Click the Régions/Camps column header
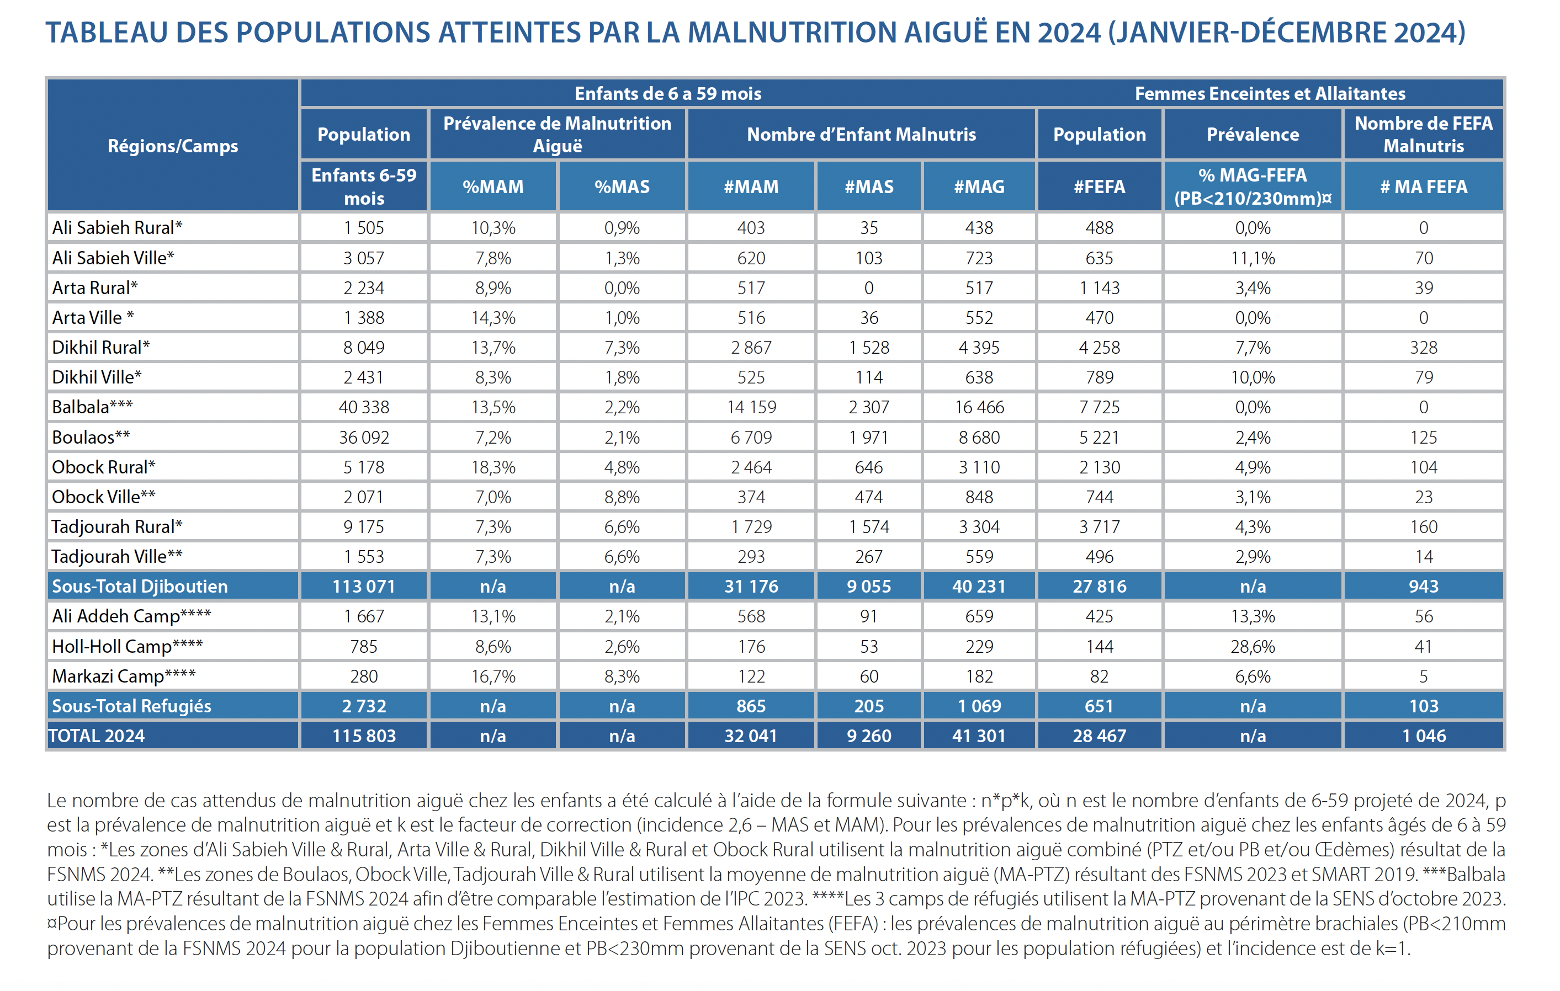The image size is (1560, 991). point(173,146)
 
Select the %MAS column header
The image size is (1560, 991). point(622,187)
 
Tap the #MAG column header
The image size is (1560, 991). point(979,187)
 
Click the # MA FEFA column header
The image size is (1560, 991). point(1423,187)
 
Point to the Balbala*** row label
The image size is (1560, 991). point(93,407)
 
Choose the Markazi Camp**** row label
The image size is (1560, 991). point(124,676)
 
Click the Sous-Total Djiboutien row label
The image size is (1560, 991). point(140,586)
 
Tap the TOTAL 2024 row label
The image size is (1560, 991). point(97,736)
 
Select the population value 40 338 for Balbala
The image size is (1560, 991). point(364,407)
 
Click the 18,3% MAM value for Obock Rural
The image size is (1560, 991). point(493,467)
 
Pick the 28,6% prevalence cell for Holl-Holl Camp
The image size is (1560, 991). point(1253,647)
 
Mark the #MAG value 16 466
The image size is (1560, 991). point(979,407)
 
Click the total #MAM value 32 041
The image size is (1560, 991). point(751,736)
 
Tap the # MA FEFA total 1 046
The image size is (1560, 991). point(1423,736)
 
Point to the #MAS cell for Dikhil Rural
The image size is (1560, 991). point(869,347)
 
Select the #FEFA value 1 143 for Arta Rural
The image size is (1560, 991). point(1100,287)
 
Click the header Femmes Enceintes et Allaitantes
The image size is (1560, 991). point(1270,93)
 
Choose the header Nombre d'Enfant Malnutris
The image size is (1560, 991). point(861,134)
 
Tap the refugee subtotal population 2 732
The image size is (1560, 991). point(364,706)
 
